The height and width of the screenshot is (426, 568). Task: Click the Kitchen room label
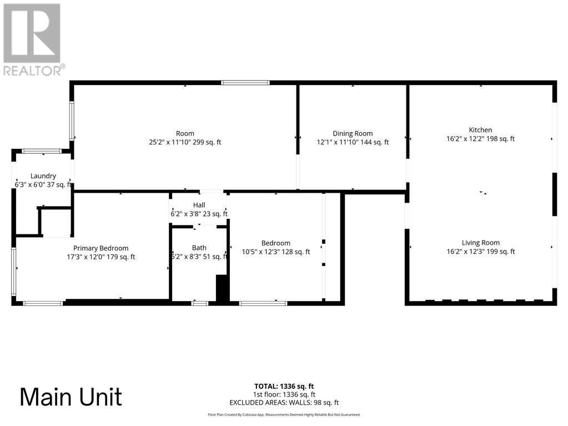480,130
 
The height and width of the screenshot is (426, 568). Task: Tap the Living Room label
480,243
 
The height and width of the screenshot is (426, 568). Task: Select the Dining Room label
353,133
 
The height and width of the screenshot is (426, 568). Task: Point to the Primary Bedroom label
101,248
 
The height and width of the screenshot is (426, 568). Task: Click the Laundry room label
43,176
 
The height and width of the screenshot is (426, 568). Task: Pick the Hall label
199,205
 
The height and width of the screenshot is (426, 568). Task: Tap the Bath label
199,248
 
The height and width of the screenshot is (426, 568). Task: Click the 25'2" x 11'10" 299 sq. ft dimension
185,142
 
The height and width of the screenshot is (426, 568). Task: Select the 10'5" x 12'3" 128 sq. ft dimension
276,252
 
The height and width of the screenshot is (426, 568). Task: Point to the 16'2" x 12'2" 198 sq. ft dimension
480,139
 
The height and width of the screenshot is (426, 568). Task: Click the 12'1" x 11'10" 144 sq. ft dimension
353,142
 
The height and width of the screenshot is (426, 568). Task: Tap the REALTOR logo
33,39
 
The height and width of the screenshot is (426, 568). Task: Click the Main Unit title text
71,397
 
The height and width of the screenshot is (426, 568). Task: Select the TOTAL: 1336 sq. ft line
284,386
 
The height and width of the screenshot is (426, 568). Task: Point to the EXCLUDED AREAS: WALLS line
284,403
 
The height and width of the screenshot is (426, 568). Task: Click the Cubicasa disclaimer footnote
284,414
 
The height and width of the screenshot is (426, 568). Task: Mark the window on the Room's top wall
245,83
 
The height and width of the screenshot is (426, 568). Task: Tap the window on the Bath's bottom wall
199,303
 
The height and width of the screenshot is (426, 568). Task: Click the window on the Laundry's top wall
42,151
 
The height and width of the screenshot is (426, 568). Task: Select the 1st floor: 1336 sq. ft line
284,394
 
